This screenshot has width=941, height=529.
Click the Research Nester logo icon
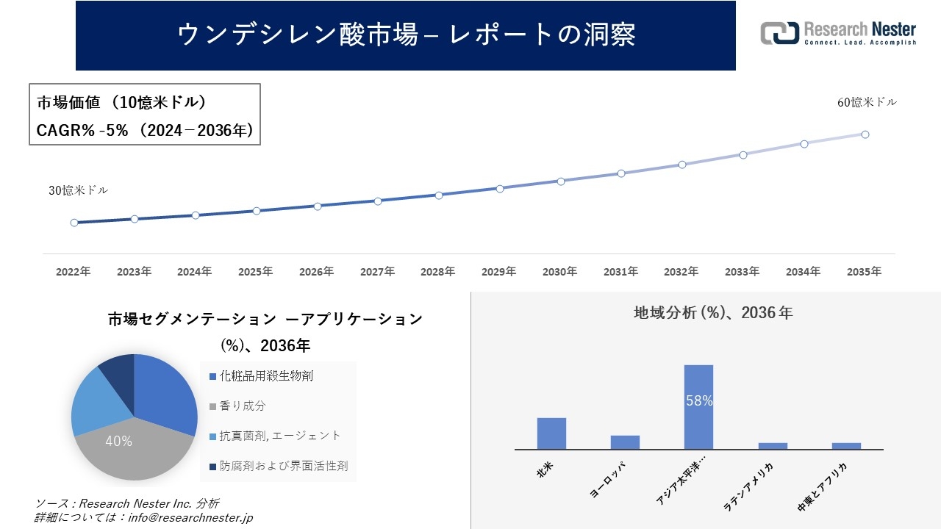click(x=779, y=33)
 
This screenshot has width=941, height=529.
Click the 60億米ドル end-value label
click(x=867, y=103)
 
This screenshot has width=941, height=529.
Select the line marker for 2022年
click(x=74, y=223)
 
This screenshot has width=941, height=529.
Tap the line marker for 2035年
click(x=865, y=134)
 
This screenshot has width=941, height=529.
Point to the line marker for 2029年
click(x=500, y=189)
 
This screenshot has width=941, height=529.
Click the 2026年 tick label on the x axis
click(x=316, y=272)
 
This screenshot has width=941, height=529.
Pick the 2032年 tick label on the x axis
click(x=681, y=272)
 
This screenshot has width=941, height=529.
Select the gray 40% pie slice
click(x=125, y=448)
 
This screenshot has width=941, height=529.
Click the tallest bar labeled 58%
click(x=698, y=406)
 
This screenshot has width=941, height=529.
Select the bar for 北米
click(x=551, y=433)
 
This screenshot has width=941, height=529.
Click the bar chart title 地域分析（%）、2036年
click(x=713, y=313)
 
